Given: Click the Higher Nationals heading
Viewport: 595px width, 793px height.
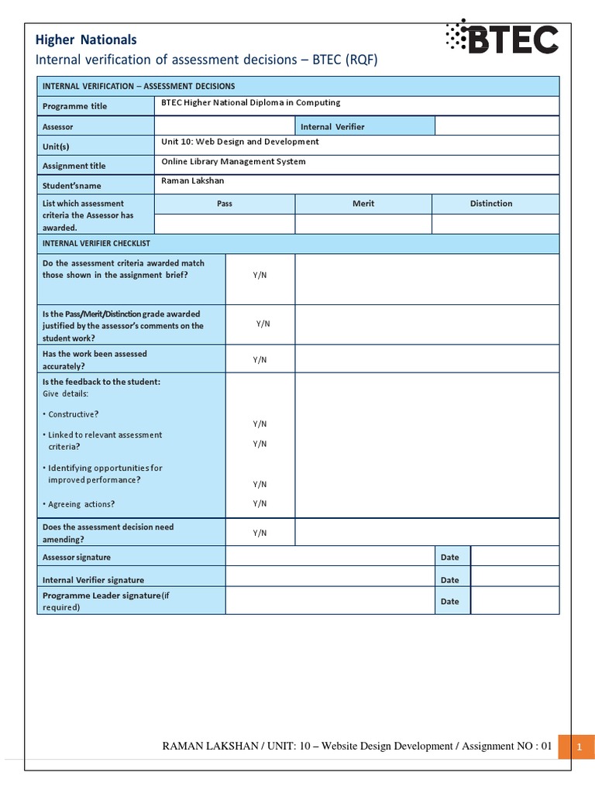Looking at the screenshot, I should click(87, 39).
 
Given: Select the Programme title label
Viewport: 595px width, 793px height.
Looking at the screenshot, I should click(74, 106).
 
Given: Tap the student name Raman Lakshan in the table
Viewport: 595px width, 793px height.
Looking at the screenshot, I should click(192, 180).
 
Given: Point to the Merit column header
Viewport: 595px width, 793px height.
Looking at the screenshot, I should click(363, 204).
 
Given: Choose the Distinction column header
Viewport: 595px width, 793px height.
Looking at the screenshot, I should click(491, 204).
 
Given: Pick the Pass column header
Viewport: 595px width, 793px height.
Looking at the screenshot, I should click(225, 204).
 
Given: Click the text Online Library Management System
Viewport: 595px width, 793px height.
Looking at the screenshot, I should click(233, 162).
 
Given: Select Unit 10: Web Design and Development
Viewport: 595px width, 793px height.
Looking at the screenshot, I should click(239, 142).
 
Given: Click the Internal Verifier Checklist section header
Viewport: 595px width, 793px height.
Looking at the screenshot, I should click(96, 243).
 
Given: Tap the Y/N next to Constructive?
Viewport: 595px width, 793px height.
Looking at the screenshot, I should click(260, 424).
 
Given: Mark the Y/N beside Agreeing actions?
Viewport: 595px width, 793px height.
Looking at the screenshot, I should click(260, 503).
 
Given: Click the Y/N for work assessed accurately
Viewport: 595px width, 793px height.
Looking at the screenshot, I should click(260, 359).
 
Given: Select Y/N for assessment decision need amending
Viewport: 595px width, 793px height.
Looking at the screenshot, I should click(260, 533).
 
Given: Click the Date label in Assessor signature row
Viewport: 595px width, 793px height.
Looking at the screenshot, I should click(449, 557).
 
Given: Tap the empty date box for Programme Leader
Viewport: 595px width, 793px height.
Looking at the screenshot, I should click(514, 601).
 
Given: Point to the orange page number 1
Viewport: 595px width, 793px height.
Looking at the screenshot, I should click(578, 747).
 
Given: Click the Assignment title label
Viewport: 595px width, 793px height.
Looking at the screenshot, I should click(74, 166).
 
